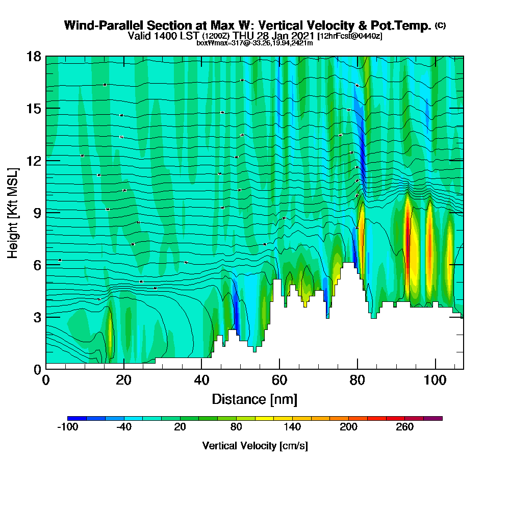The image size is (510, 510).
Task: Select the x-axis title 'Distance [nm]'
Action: pyautogui.click(x=254, y=399)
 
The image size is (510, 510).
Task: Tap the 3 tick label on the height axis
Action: pyautogui.click(x=37, y=317)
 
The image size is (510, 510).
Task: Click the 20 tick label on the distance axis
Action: pyautogui.click(x=124, y=381)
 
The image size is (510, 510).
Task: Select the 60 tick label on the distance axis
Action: pyautogui.click(x=279, y=381)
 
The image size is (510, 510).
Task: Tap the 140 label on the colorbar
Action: pyautogui.click(x=292, y=427)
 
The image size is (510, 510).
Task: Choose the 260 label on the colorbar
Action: pyautogui.click(x=405, y=427)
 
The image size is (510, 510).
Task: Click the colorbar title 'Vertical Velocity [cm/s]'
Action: pyautogui.click(x=254, y=446)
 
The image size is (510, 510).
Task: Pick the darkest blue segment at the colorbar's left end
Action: pyautogui.click(x=77, y=418)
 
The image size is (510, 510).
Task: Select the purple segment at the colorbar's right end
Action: pyautogui.click(x=433, y=418)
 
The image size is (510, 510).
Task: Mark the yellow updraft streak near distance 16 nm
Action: pyautogui.click(x=110, y=334)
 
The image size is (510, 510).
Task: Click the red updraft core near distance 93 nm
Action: pyautogui.click(x=407, y=229)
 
